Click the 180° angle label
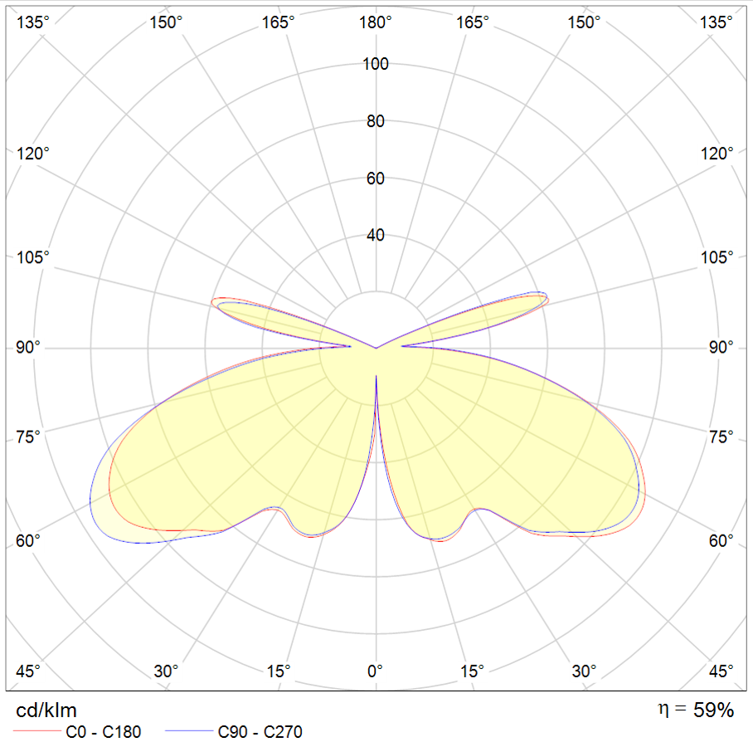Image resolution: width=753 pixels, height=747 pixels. [376, 22]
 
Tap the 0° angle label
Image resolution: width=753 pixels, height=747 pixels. [376, 671]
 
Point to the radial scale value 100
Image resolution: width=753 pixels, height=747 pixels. [376, 63]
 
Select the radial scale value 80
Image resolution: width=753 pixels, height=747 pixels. [376, 121]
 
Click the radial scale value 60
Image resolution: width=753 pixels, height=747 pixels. [376, 178]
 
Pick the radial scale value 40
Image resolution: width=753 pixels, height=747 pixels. [376, 236]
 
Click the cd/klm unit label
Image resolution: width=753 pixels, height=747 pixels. [46, 710]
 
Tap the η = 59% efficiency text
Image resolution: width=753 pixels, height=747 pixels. [695, 710]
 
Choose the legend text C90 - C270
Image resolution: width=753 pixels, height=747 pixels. [260, 732]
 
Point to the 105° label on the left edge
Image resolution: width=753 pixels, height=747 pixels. [32, 257]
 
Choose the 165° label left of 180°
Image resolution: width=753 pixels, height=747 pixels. [279, 22]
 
